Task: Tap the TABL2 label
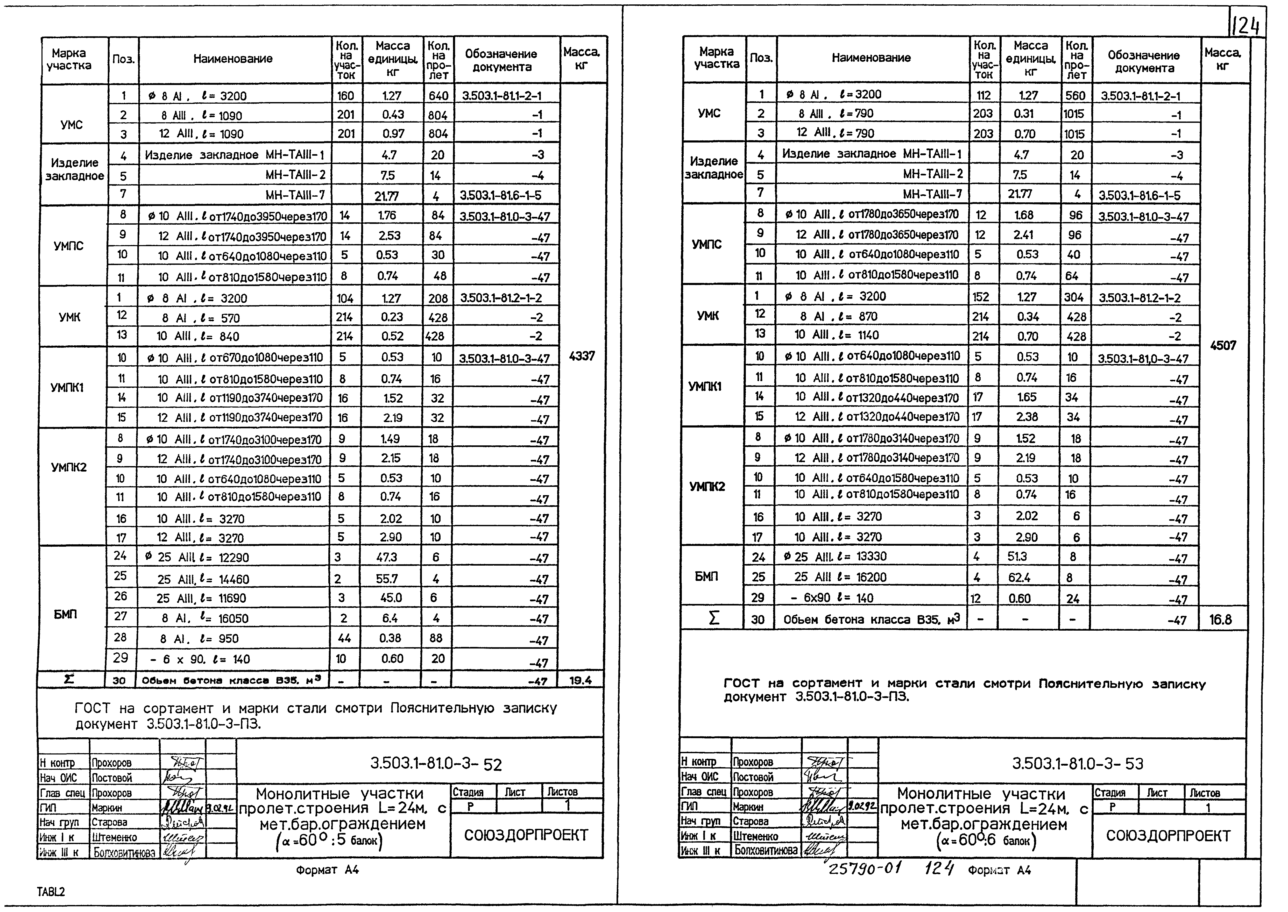[x=51, y=892]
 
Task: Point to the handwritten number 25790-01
[x=865, y=869]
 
